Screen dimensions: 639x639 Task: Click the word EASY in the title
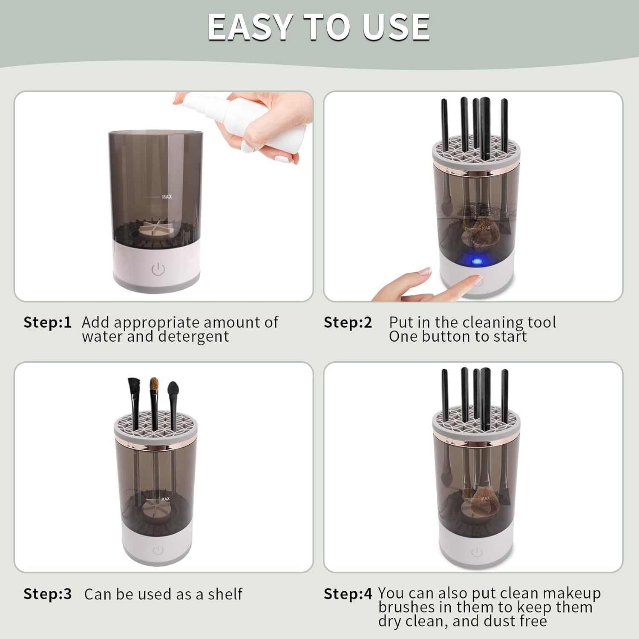(x=250, y=27)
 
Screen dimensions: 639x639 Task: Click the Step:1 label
(x=47, y=322)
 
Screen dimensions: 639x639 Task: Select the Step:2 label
(x=348, y=322)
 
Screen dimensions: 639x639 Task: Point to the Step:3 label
(x=47, y=594)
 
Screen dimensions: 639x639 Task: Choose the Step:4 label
(x=348, y=593)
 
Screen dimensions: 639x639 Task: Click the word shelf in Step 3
(x=225, y=594)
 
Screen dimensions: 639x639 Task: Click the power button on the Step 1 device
(x=158, y=269)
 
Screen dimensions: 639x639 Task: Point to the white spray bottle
(x=247, y=119)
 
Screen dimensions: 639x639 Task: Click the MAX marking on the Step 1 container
(x=167, y=197)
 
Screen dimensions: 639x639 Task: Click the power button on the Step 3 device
(x=158, y=550)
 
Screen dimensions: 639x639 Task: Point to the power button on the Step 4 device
(x=477, y=553)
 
